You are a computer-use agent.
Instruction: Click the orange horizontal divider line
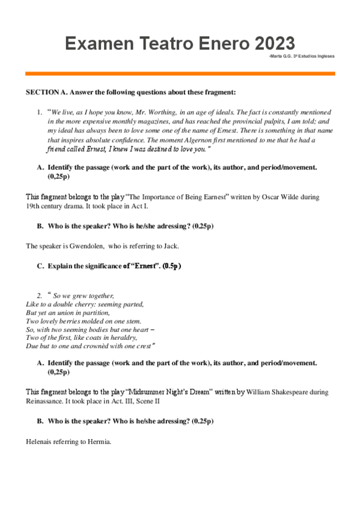(x=180, y=73)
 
